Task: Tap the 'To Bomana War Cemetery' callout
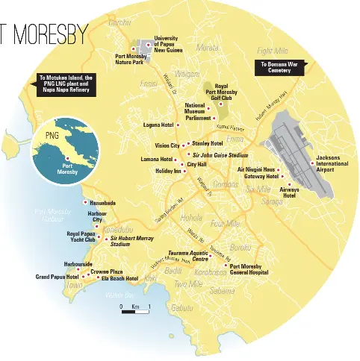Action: coord(278,68)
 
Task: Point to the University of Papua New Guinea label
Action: coord(170,44)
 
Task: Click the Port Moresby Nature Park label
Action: coord(131,60)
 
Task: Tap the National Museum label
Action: coord(194,108)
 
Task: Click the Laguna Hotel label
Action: coord(158,125)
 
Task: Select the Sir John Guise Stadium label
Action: coord(220,154)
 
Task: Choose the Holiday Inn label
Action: coord(168,171)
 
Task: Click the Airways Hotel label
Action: coord(290,192)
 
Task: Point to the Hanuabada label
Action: coord(102,203)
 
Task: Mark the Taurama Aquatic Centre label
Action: coord(187,257)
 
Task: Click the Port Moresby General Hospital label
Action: coord(248,270)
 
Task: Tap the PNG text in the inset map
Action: coord(52,136)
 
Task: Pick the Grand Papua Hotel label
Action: coord(57,277)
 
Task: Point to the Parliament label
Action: coord(198,118)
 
